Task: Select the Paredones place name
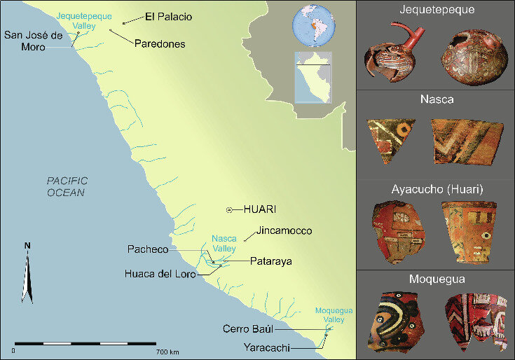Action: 160,43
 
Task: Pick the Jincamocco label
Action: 284,230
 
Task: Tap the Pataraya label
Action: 271,261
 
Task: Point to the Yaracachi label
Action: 267,346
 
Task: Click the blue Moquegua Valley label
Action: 330,314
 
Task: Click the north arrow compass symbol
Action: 27,273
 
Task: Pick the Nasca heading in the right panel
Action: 436,99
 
